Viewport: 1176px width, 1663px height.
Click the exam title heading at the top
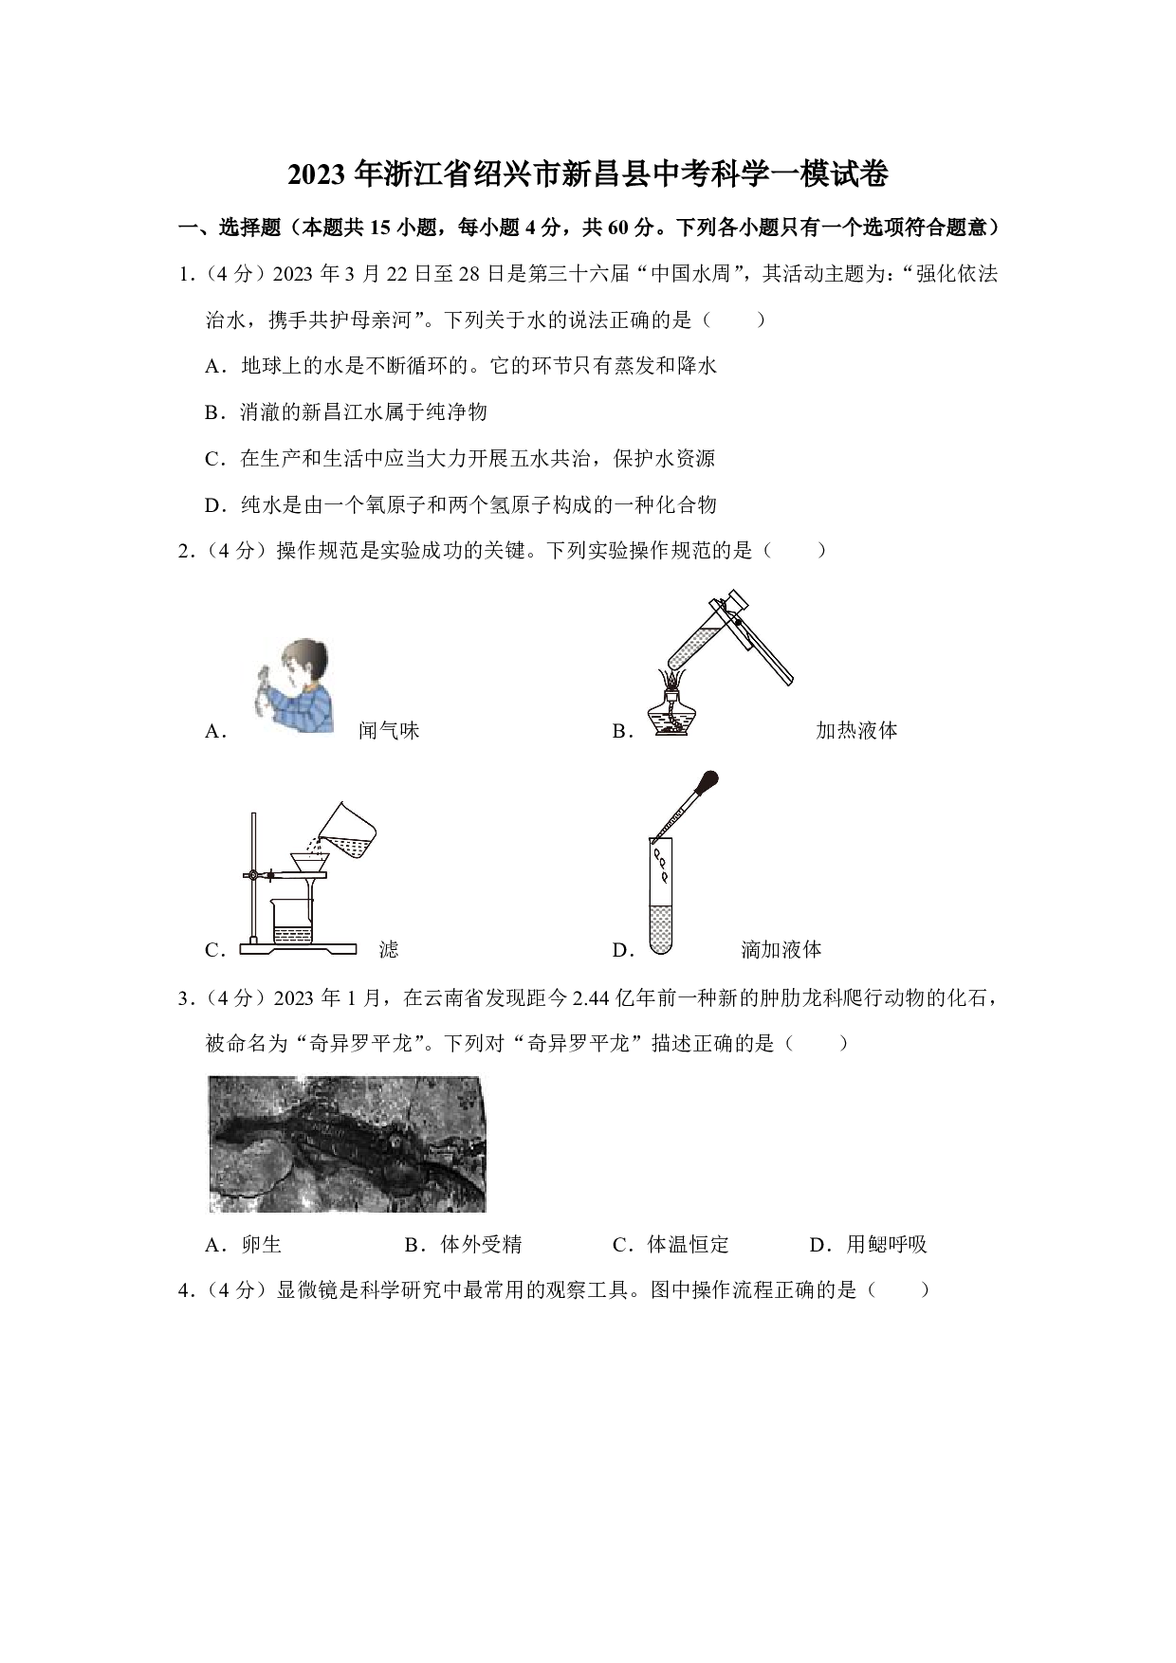click(588, 175)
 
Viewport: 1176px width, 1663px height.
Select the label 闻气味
click(389, 730)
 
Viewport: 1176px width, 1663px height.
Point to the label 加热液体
click(856, 730)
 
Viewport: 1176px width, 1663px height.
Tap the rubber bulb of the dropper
click(707, 783)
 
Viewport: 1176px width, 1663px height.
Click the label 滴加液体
click(781, 949)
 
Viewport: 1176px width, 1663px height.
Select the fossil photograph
click(347, 1143)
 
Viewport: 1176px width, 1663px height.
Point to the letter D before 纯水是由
click(212, 505)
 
